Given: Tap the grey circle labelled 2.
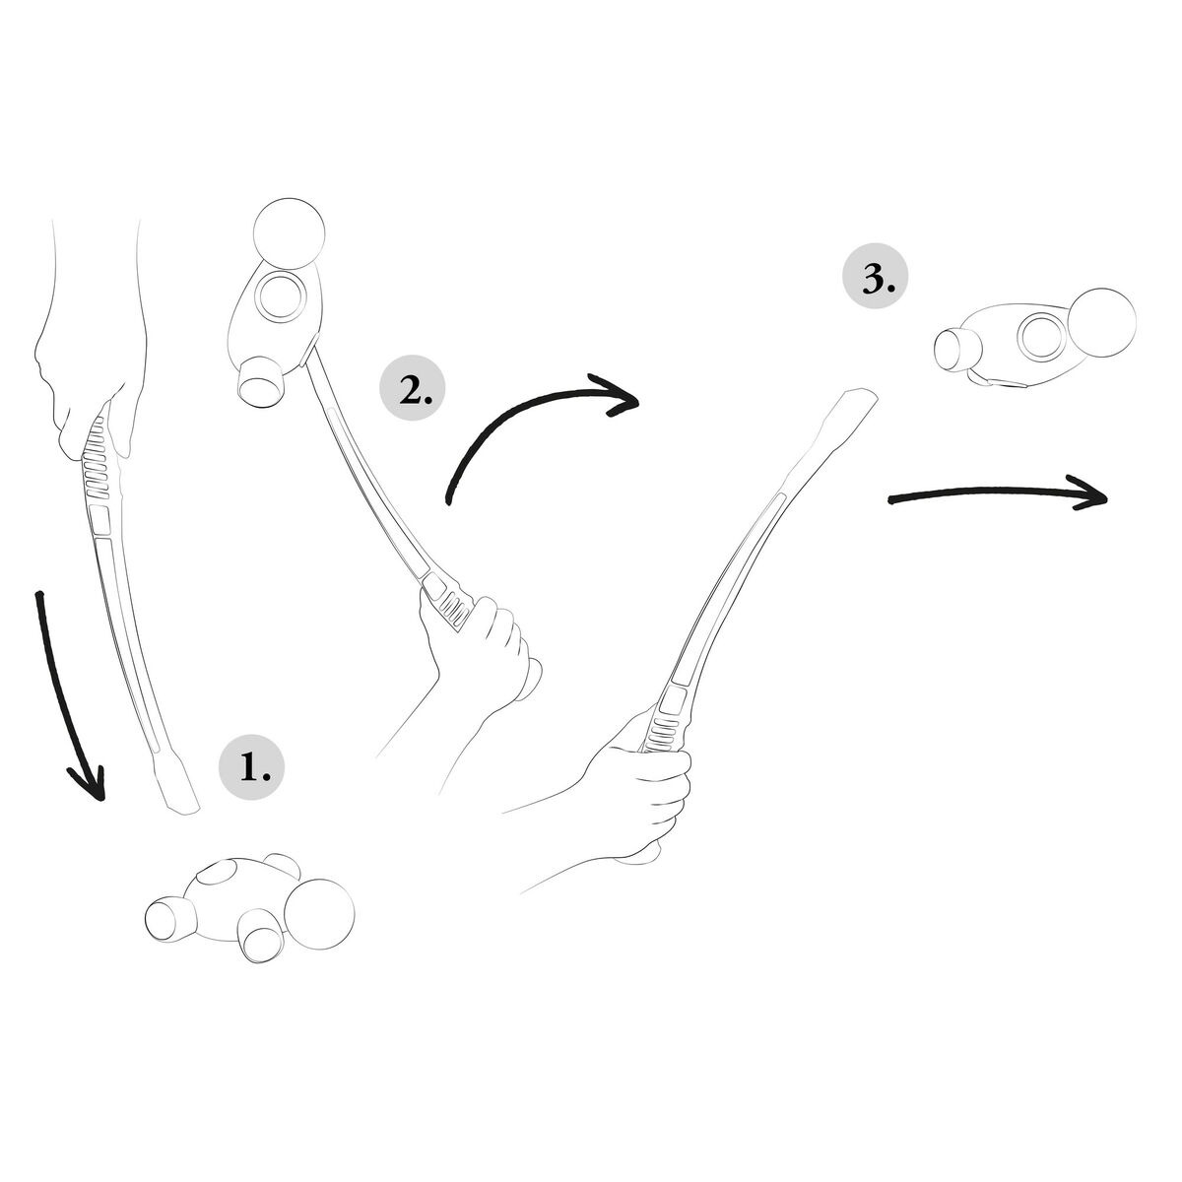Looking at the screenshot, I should (412, 390).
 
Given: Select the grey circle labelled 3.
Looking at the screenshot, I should (874, 280).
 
